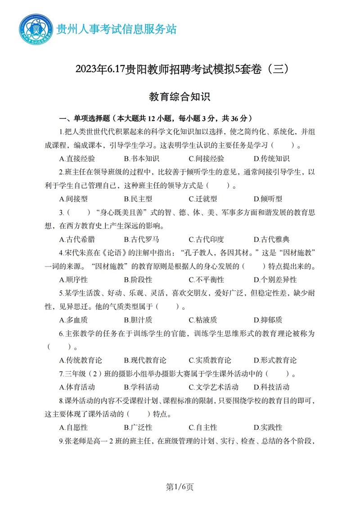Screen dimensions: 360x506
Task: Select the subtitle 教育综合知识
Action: (x=180, y=97)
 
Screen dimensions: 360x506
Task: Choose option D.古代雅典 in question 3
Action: (x=271, y=239)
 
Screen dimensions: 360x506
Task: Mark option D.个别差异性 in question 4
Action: (x=275, y=280)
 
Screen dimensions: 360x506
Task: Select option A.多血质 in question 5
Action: (x=73, y=320)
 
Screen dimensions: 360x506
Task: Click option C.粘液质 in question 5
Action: (x=203, y=320)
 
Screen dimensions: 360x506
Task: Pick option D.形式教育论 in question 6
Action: (x=275, y=360)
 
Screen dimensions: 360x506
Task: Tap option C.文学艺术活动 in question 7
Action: (x=214, y=387)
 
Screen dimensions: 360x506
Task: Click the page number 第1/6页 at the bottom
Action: (x=180, y=487)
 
